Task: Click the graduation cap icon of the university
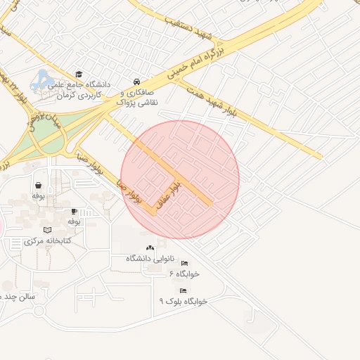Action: pos(79,74)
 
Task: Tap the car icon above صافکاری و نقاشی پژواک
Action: pos(136,82)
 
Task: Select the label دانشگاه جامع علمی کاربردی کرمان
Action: pos(79,89)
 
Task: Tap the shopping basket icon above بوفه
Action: pos(37,186)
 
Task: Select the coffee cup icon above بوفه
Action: pos(73,211)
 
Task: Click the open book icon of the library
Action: pos(47,230)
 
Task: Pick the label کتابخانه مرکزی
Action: pos(44,241)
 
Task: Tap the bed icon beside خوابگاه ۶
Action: pos(184,263)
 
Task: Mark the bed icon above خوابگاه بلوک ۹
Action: pos(183,290)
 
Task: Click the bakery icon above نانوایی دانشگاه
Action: pos(149,247)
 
